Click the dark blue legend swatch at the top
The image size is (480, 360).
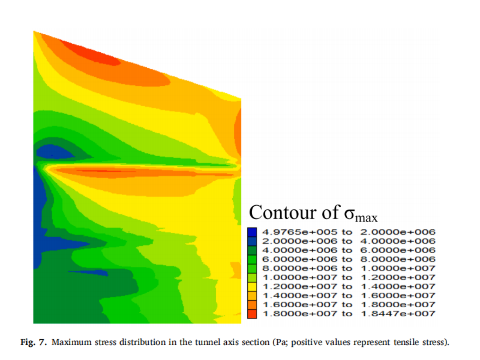(252, 232)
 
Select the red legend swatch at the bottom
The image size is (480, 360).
(252, 314)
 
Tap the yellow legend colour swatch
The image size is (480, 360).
(252, 287)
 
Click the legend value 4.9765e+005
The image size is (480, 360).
(300, 232)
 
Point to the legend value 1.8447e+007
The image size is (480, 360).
(398, 314)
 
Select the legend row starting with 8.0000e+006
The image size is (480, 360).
(349, 269)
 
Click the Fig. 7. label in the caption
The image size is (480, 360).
(33, 342)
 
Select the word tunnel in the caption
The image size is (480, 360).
(209, 342)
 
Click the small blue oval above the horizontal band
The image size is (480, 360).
(55, 152)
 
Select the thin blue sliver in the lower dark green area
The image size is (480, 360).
(89, 273)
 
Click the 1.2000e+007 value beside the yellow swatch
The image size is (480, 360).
(300, 287)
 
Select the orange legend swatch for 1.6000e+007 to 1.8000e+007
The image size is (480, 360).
(252, 305)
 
